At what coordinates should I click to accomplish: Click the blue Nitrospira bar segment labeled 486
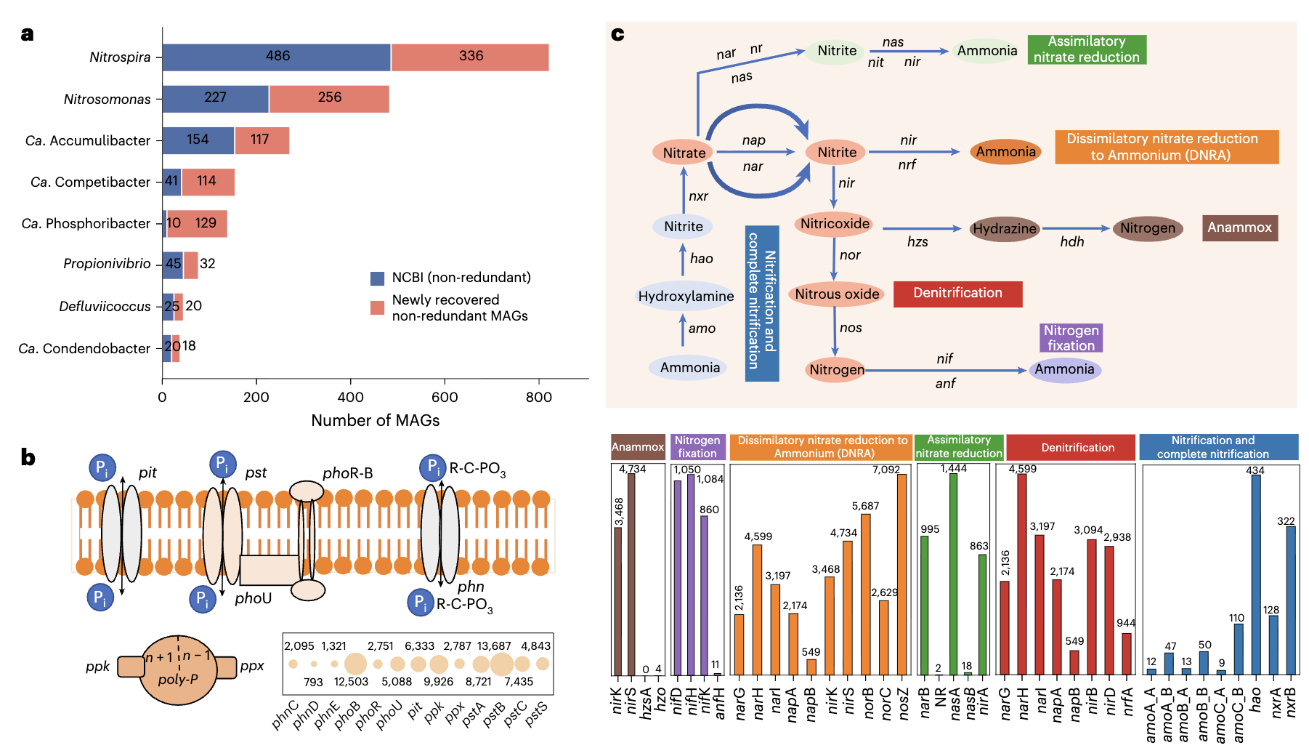point(276,57)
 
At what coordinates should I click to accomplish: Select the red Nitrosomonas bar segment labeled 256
point(329,99)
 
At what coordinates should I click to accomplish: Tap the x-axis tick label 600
point(445,398)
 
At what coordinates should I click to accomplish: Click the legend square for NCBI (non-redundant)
point(377,278)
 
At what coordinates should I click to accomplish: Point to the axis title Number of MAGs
point(375,421)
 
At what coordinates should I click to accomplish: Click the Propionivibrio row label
point(107,264)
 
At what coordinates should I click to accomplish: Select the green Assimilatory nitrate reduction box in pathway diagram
point(1086,49)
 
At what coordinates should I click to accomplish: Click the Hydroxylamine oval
point(685,297)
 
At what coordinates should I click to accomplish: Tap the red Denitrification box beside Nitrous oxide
point(957,294)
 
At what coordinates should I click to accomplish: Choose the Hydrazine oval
point(1005,229)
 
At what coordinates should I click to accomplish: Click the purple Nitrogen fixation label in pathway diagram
point(1071,338)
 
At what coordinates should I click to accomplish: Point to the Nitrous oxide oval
point(837,294)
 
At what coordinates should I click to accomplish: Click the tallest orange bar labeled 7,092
point(902,574)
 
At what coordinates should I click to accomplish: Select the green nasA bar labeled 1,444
point(953,574)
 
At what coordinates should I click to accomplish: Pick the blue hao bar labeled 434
point(1256,574)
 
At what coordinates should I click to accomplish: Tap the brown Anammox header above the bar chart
point(637,447)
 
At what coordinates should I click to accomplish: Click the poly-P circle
point(178,670)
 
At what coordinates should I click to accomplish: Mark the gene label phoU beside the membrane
point(253,599)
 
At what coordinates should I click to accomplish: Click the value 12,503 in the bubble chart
point(351,682)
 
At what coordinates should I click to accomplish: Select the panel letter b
point(28,457)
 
